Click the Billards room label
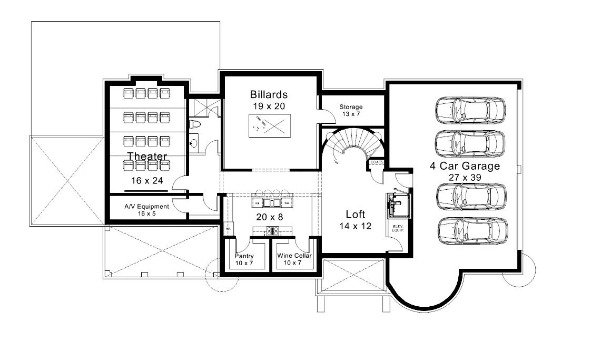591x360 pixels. pos(269,95)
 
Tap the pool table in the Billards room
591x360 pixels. pos(270,126)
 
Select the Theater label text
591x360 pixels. pos(147,157)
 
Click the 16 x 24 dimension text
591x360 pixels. pos(147,181)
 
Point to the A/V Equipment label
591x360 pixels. pos(146,207)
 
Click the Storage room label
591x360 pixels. pos(351,107)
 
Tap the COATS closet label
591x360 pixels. pos(377,162)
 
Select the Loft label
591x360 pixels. pos(356,215)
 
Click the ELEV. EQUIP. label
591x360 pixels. pos(397,229)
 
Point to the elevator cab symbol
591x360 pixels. pos(398,205)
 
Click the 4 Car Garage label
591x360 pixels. pos(465,166)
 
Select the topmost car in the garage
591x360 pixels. pos(470,110)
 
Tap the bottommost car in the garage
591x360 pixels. pos(472,231)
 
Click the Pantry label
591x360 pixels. pos(244,256)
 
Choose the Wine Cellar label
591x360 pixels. pos(294,256)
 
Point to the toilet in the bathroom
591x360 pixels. pos(194,124)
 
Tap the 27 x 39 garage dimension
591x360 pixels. pos(465,178)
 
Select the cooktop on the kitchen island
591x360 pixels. pos(273,230)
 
